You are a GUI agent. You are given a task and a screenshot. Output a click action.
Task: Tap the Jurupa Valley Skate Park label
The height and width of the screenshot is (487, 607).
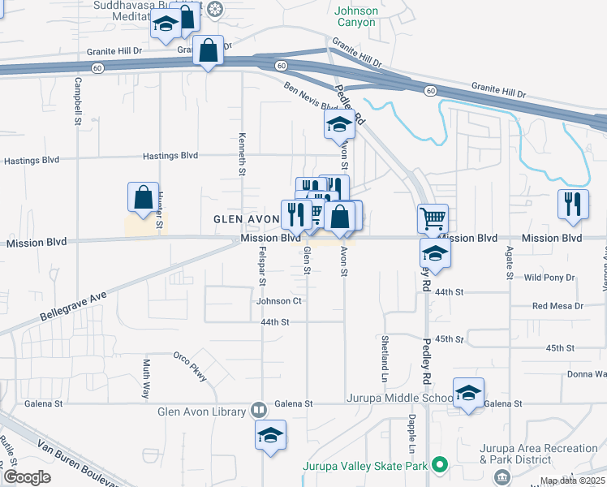[x=365, y=466]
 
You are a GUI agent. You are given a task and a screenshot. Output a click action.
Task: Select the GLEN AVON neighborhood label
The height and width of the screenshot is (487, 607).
[x=245, y=219]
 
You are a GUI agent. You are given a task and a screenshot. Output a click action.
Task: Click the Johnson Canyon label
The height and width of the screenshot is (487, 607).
[x=356, y=16]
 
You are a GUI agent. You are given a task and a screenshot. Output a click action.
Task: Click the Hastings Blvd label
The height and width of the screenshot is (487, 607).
[x=170, y=155]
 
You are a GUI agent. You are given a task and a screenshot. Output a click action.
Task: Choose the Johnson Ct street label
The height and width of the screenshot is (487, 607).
[x=279, y=301]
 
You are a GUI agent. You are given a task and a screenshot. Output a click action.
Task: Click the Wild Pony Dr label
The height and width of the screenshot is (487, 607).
[x=549, y=278]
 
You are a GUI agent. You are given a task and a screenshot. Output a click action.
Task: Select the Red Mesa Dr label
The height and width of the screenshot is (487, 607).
[x=557, y=306]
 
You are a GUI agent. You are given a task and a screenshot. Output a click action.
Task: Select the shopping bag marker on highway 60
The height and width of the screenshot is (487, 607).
[x=209, y=50]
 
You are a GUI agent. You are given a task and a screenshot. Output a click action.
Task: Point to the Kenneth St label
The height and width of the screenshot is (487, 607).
[x=242, y=154]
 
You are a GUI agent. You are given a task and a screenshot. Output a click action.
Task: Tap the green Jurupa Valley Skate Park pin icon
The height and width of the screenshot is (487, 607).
[x=440, y=466]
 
